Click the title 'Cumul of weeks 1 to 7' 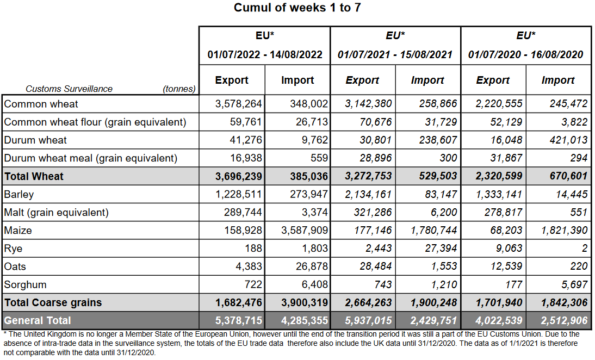point(297,8)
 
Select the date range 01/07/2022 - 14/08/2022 point(265,54)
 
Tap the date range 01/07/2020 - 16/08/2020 point(525,54)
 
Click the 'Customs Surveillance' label point(69,89)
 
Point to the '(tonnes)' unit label point(179,89)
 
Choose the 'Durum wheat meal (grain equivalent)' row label point(91,158)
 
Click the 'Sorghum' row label point(25,284)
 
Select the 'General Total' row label point(38,320)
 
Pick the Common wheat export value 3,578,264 point(239,104)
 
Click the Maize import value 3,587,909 point(305,231)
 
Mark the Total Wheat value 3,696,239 point(239,176)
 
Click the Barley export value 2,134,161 point(369,194)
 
